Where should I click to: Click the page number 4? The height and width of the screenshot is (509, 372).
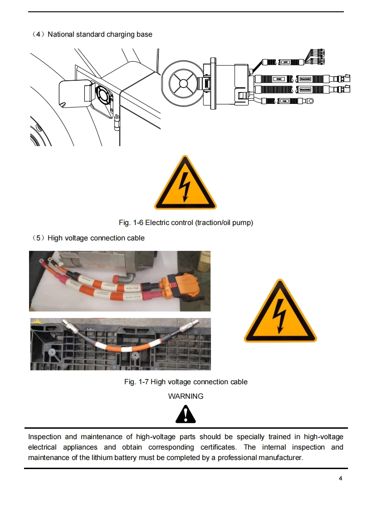click(340, 479)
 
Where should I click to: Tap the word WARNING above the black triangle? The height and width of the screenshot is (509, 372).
click(186, 396)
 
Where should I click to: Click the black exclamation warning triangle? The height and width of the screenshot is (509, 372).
click(186, 413)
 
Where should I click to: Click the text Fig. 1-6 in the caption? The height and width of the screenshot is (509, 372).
click(131, 223)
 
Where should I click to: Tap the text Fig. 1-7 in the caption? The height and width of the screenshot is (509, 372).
click(137, 382)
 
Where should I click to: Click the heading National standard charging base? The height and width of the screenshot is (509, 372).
click(100, 34)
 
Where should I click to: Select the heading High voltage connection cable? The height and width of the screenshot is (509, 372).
click(96, 238)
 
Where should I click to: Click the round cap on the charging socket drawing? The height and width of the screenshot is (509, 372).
click(181, 83)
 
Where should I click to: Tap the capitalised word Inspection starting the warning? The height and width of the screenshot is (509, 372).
click(44, 437)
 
